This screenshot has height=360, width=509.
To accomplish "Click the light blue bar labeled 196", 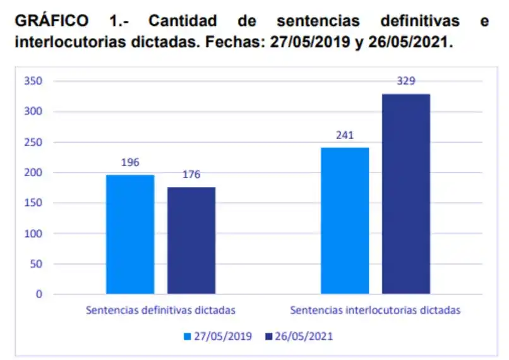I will pos(130,234).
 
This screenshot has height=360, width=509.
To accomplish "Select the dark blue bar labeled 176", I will pos(191,241).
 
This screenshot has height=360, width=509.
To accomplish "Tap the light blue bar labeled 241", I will pos(345,220).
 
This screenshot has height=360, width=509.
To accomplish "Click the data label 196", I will pos(130,163).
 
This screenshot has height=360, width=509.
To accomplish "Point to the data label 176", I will pos(191,175).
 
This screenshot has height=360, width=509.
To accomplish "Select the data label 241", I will pos(345,135).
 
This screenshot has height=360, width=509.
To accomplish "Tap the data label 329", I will pos(406,81).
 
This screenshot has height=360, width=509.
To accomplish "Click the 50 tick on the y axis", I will pos(36,264).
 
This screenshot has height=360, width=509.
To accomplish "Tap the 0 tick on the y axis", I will pos(39,294).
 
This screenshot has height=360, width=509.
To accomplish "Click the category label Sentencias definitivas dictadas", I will pos(160,311).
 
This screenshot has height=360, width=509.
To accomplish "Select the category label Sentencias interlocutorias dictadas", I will pos(375,311).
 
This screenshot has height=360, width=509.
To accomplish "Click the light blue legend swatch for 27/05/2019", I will pos(188,337).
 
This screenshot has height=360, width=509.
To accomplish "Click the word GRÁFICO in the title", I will pos(51,21).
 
